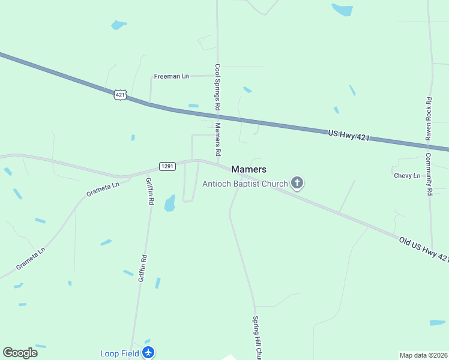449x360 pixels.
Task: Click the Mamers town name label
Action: click(x=249, y=170)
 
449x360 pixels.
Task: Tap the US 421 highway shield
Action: click(x=121, y=95)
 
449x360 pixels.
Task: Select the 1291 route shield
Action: click(x=167, y=166)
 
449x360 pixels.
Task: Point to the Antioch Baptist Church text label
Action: click(x=245, y=184)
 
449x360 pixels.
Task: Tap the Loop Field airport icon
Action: click(x=149, y=353)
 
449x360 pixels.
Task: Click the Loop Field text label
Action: click(x=119, y=353)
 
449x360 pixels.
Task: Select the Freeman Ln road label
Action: click(x=171, y=76)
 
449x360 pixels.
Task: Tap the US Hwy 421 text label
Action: click(x=348, y=136)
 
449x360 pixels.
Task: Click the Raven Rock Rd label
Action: click(x=429, y=119)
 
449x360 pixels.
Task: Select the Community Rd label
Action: click(x=429, y=175)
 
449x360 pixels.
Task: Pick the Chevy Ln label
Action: click(x=407, y=176)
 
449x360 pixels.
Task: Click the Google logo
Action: click(x=20, y=353)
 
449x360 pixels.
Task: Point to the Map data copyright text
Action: click(x=424, y=355)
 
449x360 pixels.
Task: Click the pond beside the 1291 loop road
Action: click(x=170, y=203)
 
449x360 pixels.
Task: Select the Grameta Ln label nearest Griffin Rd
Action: click(x=103, y=190)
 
